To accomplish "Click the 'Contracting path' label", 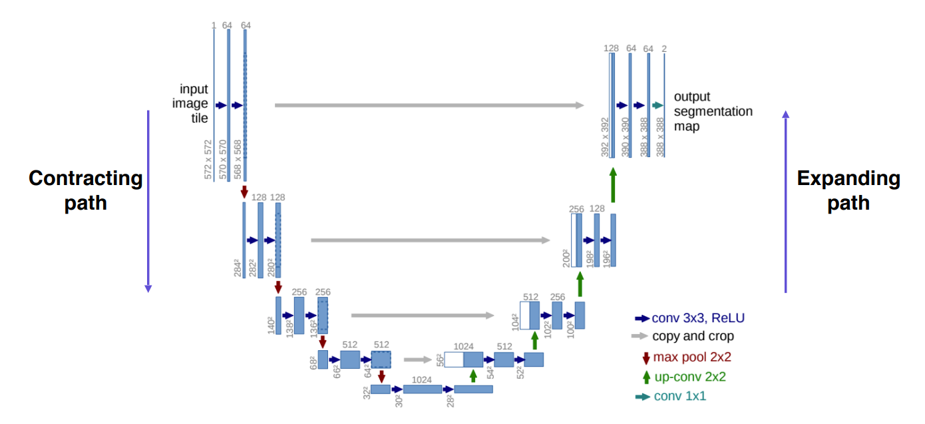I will click(85, 190).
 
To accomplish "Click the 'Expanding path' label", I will click(848, 190).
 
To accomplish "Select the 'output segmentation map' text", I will click(713, 111).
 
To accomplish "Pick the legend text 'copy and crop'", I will click(693, 336).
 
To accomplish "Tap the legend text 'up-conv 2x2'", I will click(690, 377).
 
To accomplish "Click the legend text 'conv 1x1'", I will click(679, 396).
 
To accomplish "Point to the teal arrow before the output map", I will click(657, 105).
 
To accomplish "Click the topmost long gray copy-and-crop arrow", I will click(429, 105).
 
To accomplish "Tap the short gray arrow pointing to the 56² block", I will click(418, 359).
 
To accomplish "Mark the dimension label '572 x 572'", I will click(208, 160).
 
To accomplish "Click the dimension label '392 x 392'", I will click(605, 138).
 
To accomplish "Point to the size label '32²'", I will click(366, 392).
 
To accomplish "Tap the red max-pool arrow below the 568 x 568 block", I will click(244, 192).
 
